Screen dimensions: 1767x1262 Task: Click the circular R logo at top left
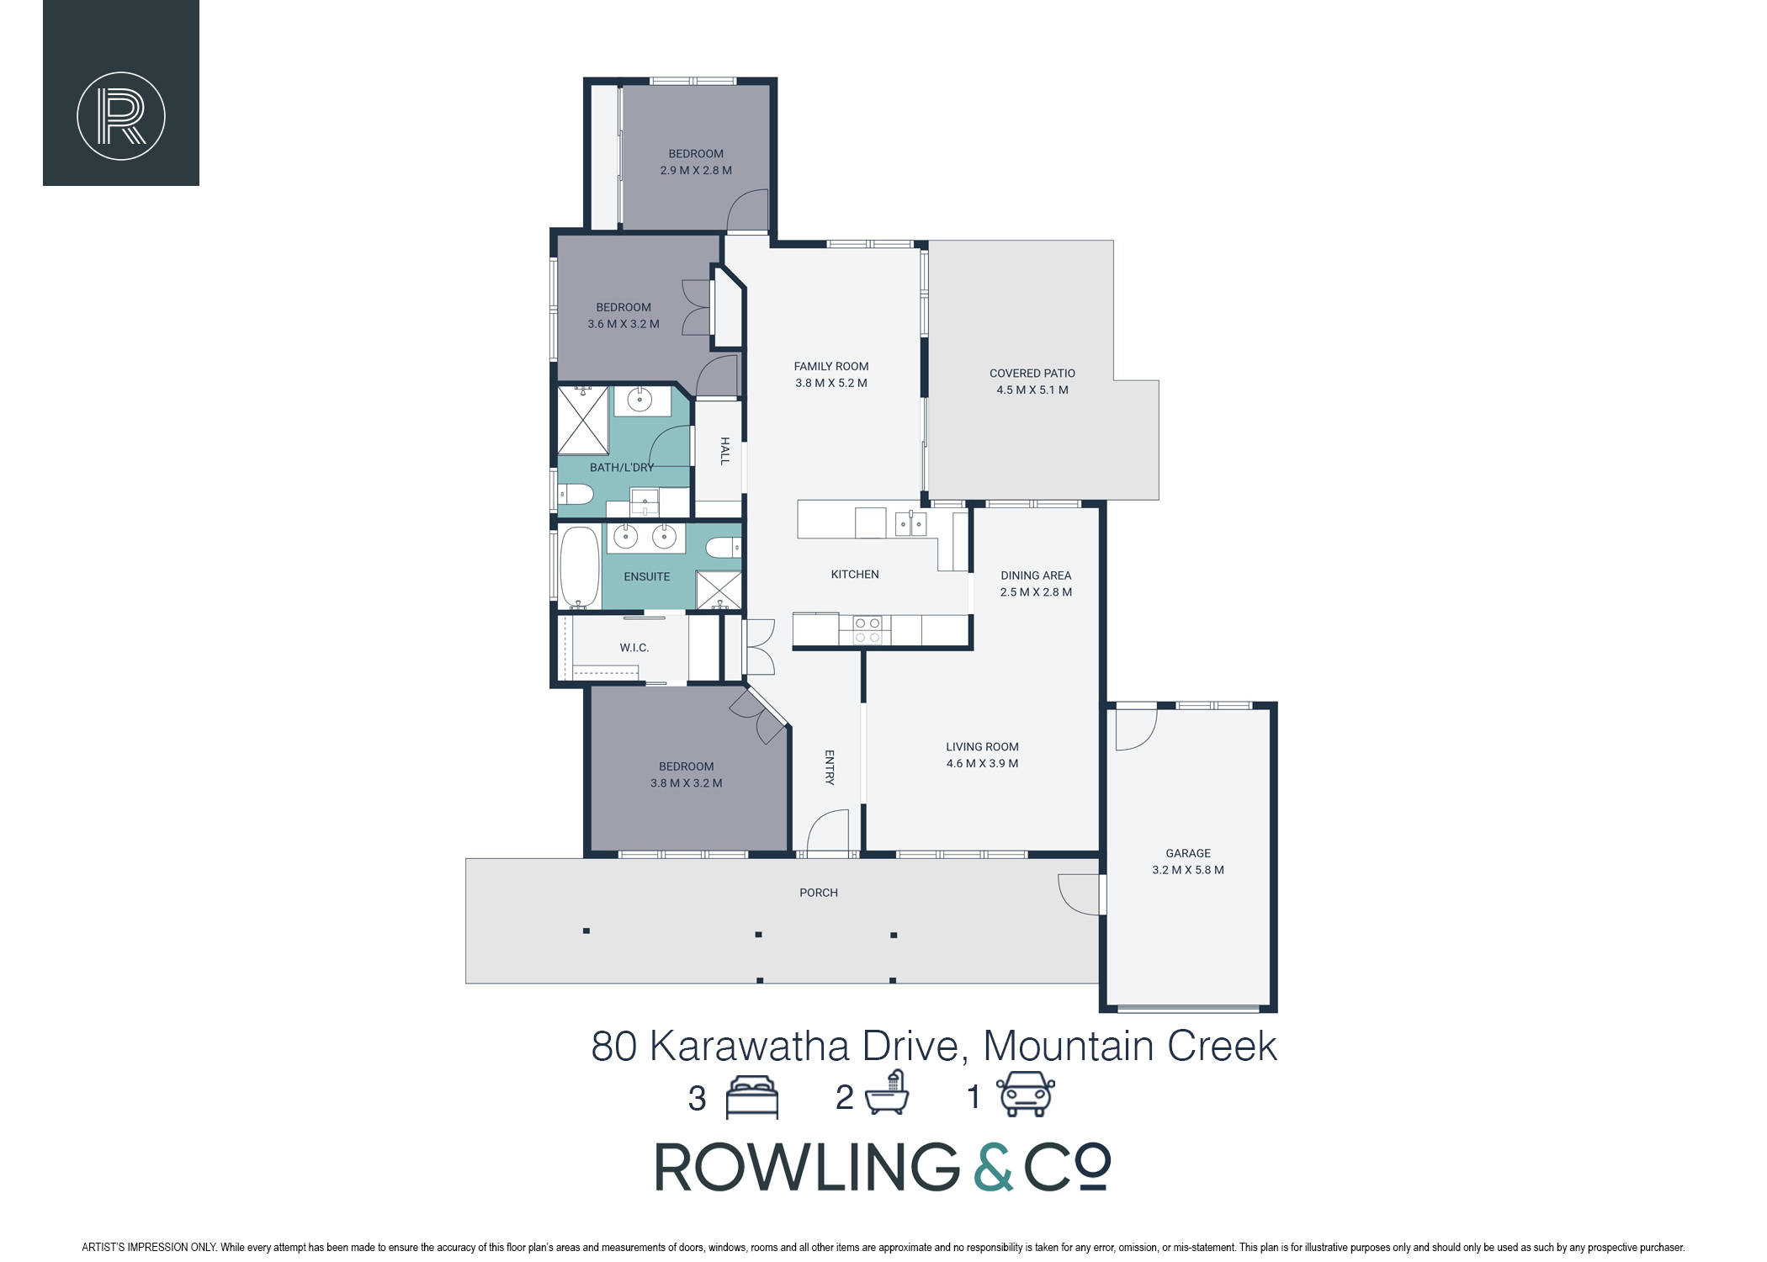121,116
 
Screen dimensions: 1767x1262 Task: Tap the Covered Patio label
1032,374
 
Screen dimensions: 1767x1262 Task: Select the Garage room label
1187,853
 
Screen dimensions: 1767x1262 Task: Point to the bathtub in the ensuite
579,566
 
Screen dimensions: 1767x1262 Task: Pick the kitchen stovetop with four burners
866,630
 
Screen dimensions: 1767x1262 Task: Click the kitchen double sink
910,523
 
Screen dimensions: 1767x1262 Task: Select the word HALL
724,450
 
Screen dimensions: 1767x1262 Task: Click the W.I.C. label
634,648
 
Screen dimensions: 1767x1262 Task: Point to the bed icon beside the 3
752,1097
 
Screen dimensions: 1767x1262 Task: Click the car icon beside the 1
1026,1095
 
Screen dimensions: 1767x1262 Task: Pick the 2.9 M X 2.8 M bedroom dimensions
696,171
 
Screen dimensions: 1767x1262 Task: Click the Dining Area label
1036,575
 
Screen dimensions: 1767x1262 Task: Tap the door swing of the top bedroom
748,210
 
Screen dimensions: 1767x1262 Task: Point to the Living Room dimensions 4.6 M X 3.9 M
982,764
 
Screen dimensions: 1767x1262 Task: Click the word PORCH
819,893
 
